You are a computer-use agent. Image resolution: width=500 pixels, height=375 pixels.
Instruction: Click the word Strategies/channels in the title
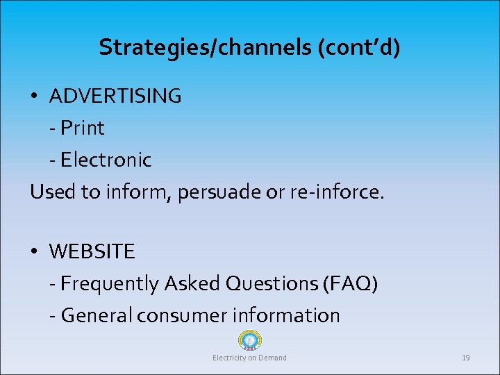187,47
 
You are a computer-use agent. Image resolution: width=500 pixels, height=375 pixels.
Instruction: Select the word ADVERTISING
115,96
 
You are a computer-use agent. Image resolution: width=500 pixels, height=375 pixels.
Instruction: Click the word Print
83,128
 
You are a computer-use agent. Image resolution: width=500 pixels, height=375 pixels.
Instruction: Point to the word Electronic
106,160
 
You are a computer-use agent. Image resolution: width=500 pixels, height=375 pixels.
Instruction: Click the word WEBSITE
92,251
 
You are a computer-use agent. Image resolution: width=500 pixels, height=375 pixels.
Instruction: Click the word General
97,315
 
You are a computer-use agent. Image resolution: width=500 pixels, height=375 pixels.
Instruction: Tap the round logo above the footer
249,340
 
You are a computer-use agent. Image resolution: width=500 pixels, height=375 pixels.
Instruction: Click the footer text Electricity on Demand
249,358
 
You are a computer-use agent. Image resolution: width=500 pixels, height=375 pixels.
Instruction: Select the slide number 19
466,358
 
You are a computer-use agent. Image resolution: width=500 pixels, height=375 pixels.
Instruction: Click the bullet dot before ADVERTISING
35,97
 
